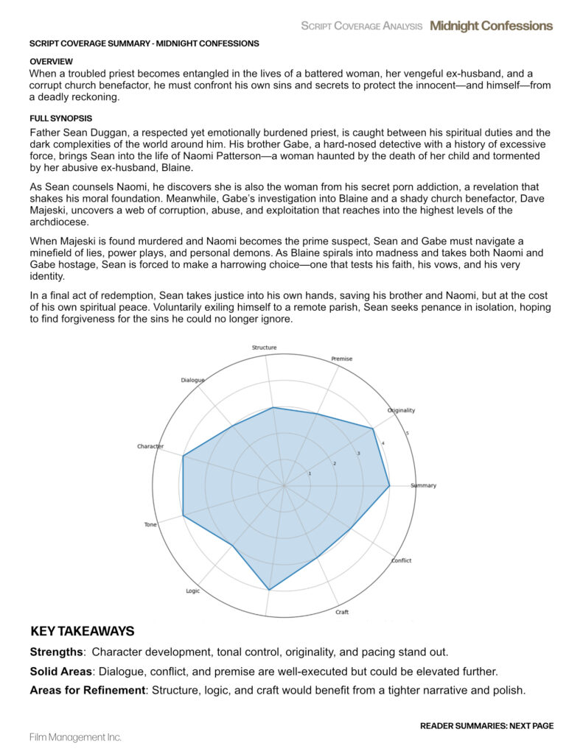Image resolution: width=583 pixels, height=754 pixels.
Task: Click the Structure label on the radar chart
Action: (264, 348)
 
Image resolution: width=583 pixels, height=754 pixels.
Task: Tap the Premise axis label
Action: (342, 359)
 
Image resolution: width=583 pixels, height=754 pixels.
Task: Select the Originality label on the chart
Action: (401, 410)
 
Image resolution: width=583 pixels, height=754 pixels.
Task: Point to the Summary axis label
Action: (423, 486)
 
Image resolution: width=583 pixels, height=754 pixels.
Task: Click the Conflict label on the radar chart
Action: (401, 560)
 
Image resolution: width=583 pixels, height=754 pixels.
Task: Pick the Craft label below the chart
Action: (342, 613)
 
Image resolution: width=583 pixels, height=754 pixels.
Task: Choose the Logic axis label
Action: (193, 591)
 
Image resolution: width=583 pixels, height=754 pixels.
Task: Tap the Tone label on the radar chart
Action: (150, 524)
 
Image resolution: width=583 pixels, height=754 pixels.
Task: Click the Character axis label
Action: (150, 447)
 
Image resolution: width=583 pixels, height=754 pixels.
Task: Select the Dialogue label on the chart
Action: (192, 380)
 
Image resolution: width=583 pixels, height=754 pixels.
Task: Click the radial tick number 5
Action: (408, 433)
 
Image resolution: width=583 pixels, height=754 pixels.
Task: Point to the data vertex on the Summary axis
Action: (389, 486)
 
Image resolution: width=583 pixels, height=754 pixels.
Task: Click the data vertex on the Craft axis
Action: (318, 558)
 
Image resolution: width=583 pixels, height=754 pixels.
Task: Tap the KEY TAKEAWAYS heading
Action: (83, 631)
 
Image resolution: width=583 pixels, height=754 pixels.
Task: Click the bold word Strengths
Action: (56, 652)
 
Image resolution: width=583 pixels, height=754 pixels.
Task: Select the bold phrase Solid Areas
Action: (61, 672)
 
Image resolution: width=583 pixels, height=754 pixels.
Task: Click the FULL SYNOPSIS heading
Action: (60, 119)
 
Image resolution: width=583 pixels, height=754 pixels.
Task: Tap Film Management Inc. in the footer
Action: (75, 737)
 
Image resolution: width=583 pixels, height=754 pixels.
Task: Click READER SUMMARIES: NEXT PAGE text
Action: (486, 726)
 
